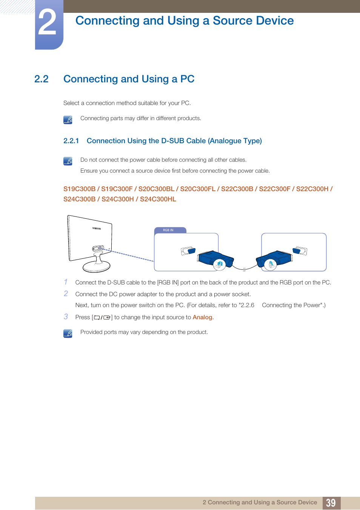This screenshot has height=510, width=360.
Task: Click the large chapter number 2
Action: click(48, 23)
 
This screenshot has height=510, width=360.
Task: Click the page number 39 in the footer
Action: click(331, 503)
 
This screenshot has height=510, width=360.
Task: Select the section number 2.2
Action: click(42, 79)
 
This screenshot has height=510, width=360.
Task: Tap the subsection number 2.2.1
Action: click(71, 141)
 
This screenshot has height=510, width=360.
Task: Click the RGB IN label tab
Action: click(168, 230)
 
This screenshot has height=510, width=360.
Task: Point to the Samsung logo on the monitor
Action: click(97, 229)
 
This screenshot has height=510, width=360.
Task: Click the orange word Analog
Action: click(202, 317)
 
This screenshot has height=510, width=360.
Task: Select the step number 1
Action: click(66, 282)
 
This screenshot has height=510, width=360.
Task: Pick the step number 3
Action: click(66, 317)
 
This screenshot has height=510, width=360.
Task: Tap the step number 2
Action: click(66, 294)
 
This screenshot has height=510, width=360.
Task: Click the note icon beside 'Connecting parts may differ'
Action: click(68, 120)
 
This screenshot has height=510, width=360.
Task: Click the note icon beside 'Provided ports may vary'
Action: click(68, 334)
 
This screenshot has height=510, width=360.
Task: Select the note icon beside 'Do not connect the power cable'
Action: click(68, 161)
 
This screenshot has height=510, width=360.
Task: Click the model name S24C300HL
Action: click(158, 199)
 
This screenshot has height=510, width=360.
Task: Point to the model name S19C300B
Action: click(79, 189)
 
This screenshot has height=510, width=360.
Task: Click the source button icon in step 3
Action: click(102, 318)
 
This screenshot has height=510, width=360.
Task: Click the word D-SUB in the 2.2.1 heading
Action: click(172, 141)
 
